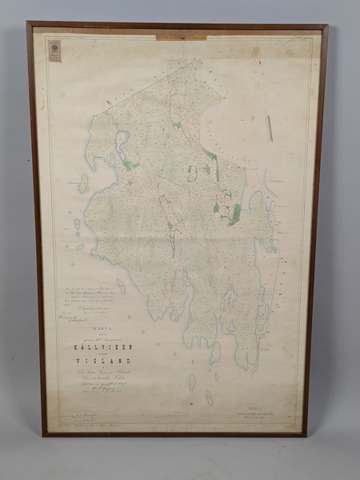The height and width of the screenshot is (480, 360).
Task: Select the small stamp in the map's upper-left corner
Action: [x=54, y=50]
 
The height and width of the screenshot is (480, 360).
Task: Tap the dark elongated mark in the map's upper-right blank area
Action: [x=270, y=128]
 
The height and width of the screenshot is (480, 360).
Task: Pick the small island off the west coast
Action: [x=82, y=183]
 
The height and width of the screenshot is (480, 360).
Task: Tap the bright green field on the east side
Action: [x=233, y=214]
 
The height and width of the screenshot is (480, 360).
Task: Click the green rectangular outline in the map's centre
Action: [x=192, y=173]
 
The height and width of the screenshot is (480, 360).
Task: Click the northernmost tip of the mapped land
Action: [x=190, y=61]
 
